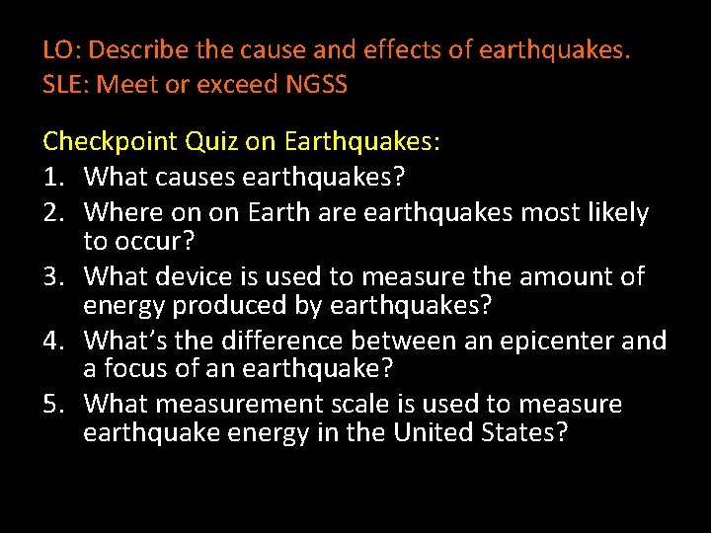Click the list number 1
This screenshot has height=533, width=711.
click(53, 179)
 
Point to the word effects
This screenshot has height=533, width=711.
click(408, 48)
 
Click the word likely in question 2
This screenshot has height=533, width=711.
click(618, 212)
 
